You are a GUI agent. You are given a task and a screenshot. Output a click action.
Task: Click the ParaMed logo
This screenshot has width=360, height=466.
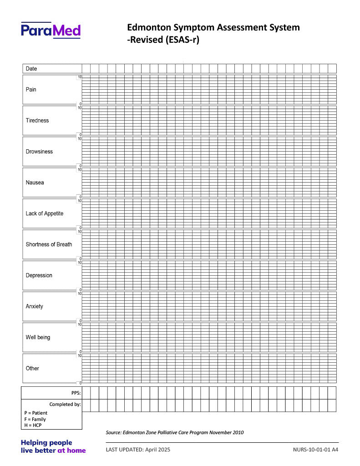pos(51,30)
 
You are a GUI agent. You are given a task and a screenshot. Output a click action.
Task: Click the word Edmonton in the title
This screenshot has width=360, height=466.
pos(148,27)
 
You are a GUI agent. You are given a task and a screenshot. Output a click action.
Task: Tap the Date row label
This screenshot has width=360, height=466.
pos(31,69)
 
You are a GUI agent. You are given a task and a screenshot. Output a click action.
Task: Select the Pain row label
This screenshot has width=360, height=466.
pos(31,90)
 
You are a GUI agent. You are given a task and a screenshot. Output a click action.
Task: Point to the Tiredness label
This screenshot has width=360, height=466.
pos(37,121)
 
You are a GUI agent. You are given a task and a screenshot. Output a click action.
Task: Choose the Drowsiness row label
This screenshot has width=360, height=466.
pos(39,152)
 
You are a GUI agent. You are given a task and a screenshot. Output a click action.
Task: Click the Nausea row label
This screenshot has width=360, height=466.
pos(35,182)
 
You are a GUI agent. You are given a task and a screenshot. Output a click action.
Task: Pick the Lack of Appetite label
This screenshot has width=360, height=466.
pos(45,213)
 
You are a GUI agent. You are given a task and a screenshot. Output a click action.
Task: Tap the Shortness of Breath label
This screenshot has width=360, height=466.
pos(49,244)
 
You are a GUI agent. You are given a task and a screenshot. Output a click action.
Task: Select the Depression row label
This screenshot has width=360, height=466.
pos(39,275)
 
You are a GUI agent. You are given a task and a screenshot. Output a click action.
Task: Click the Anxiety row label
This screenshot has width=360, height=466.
pos(35,306)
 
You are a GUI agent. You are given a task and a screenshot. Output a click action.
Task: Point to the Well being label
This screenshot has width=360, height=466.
pos(38,337)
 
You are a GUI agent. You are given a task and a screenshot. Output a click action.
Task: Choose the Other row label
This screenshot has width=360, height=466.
pos(32,368)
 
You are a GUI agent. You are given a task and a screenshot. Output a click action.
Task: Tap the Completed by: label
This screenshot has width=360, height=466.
pos(65,404)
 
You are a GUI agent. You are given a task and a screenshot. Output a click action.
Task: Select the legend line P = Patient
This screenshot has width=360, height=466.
pos(36,413)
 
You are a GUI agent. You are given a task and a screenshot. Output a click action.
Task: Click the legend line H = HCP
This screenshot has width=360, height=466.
pos(33,425)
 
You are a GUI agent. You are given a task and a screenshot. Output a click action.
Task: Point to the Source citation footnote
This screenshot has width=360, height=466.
pos(175,432)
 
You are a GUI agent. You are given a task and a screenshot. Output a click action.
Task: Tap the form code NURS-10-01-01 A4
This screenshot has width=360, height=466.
pos(316,450)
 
